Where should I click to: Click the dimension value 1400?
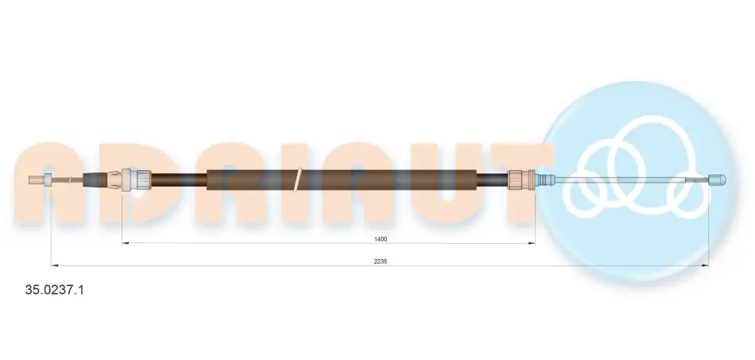[381, 238]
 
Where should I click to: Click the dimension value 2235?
[381, 261]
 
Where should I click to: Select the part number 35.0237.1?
[54, 290]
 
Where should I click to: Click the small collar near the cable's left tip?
[47, 180]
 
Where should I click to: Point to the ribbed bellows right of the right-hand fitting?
[543, 180]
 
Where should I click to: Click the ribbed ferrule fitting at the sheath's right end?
[518, 180]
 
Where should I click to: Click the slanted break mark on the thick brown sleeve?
[297, 179]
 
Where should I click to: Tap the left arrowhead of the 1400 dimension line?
[126, 243]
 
